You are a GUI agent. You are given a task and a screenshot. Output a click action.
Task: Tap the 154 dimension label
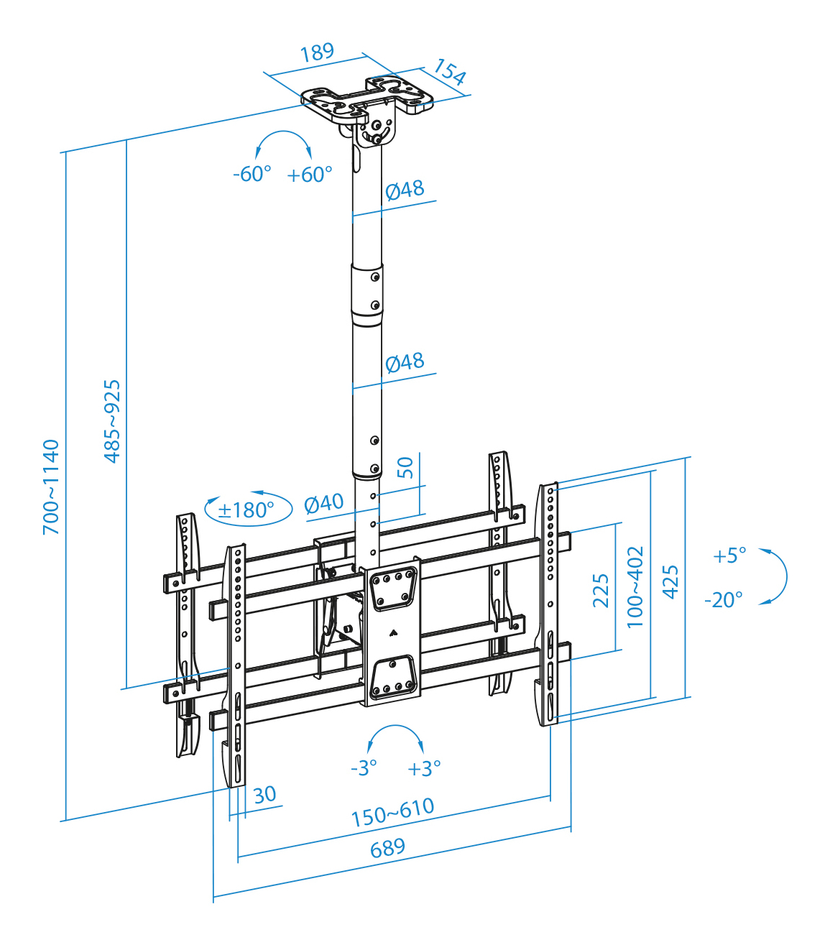click(x=450, y=73)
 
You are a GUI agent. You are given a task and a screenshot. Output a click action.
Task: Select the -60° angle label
click(x=252, y=174)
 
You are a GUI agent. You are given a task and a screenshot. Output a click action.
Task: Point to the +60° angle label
click(x=310, y=175)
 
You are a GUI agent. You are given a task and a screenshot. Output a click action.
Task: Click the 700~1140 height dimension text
click(x=51, y=487)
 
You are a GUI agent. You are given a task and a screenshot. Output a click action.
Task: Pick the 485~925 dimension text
click(x=113, y=421)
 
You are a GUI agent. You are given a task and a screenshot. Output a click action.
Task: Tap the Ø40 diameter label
click(x=324, y=503)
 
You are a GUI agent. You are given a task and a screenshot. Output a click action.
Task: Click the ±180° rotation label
click(x=246, y=510)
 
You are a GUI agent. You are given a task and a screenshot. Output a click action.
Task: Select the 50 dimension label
click(x=405, y=468)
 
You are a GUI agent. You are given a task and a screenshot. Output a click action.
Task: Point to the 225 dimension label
click(x=601, y=590)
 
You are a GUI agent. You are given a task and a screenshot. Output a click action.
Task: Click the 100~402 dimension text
click(x=635, y=587)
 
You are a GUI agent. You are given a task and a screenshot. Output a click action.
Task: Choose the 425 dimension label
click(x=670, y=581)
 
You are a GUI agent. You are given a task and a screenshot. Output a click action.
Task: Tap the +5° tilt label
click(x=729, y=556)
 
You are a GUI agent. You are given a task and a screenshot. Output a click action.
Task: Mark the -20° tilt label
click(x=724, y=599)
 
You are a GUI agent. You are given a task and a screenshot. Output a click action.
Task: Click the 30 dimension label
click(x=264, y=794)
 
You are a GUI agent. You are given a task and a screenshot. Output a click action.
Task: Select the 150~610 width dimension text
click(x=392, y=812)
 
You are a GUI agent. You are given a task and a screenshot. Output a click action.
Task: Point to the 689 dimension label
click(x=387, y=849)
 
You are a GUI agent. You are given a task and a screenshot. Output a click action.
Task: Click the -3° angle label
click(x=364, y=768)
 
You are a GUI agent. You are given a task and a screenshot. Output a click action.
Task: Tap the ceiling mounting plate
click(x=367, y=101)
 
